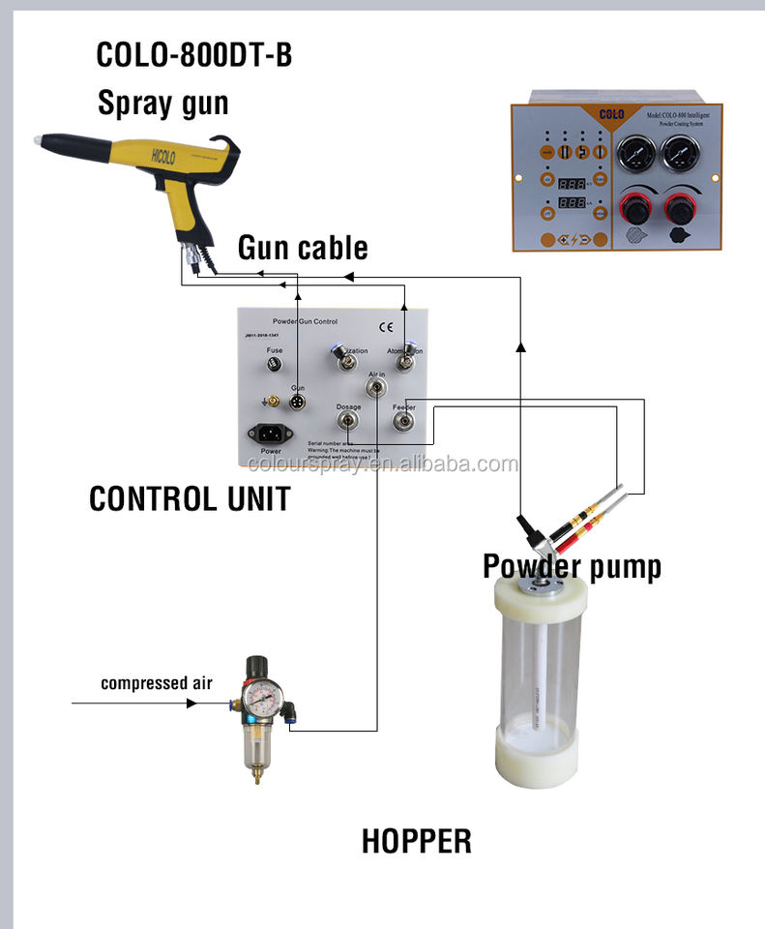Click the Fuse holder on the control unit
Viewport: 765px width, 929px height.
tap(276, 365)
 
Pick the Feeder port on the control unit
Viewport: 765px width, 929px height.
tap(403, 423)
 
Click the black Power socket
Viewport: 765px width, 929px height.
tap(265, 434)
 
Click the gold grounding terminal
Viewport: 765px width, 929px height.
tap(273, 401)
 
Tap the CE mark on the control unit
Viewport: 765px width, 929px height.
tap(384, 325)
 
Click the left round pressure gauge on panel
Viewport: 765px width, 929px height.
tap(633, 151)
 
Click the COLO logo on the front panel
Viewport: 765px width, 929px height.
tap(610, 114)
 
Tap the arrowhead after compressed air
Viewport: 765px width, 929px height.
tap(193, 703)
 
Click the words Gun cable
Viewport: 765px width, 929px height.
tap(303, 248)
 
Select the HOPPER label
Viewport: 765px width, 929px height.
tap(416, 840)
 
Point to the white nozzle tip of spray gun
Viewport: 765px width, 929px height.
tap(40, 141)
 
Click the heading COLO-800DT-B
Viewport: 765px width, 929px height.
tap(193, 55)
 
